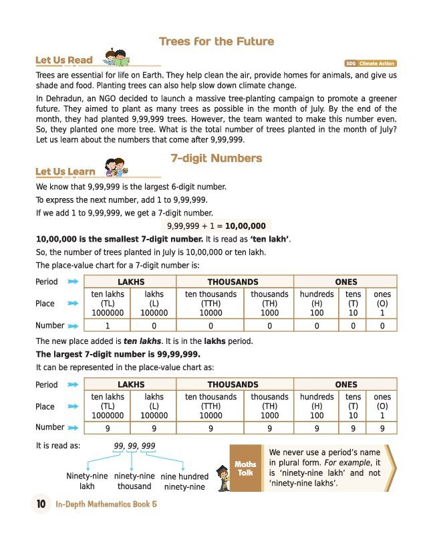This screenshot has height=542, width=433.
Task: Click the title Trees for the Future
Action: click(x=216, y=41)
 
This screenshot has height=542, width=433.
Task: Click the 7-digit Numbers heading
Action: click(x=216, y=159)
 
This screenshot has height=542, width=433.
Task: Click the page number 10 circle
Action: click(x=40, y=505)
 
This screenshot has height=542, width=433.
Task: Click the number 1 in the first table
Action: click(x=108, y=326)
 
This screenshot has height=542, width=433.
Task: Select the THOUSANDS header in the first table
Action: click(x=233, y=282)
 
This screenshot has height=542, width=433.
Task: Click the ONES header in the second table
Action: click(x=345, y=385)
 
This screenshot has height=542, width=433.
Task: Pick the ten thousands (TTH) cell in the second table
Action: click(x=210, y=406)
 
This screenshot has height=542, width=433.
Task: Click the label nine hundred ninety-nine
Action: click(x=184, y=482)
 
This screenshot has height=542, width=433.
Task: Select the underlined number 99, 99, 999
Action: click(x=135, y=446)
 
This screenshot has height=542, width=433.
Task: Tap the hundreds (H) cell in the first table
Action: click(x=317, y=304)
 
